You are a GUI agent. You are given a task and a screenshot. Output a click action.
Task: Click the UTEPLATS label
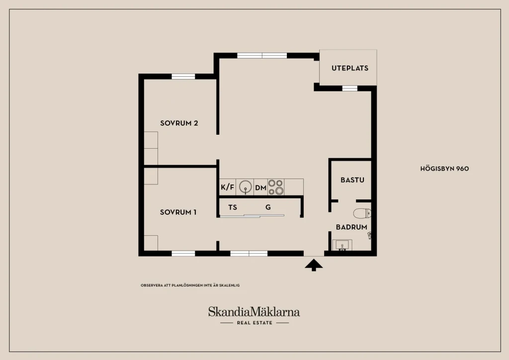(x=350, y=68)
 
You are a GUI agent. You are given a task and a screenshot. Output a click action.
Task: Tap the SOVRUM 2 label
(x=179, y=123)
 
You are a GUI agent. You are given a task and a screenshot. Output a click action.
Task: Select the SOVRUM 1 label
(x=178, y=212)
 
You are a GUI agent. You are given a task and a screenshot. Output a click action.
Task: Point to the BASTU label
(x=352, y=180)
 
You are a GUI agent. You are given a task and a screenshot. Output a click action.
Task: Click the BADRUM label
(x=351, y=227)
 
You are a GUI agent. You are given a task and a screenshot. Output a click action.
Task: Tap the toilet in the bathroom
(x=362, y=213)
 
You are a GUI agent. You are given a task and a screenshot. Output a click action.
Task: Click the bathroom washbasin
(x=342, y=245)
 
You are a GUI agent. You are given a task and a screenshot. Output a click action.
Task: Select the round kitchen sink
(x=246, y=187)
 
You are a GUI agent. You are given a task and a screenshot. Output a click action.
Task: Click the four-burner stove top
(x=275, y=187)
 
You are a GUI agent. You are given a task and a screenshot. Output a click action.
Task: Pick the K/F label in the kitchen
(x=227, y=187)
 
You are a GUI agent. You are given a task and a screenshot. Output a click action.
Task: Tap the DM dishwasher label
(x=260, y=187)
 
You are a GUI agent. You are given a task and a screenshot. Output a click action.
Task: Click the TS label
(x=233, y=207)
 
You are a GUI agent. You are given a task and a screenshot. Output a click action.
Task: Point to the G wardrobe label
(x=268, y=207)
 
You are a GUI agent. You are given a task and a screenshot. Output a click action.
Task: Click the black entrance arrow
(x=314, y=265)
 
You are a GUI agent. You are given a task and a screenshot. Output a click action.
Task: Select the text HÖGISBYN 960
(x=444, y=169)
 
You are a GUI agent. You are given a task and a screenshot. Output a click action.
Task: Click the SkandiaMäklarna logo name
(x=254, y=312)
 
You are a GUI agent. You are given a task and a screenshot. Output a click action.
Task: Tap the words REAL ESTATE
(x=254, y=323)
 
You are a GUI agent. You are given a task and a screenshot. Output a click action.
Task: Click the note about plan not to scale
(x=190, y=285)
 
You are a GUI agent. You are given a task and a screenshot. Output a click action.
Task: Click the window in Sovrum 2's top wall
(x=183, y=77)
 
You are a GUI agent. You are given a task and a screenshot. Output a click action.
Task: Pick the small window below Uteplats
(x=349, y=89)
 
